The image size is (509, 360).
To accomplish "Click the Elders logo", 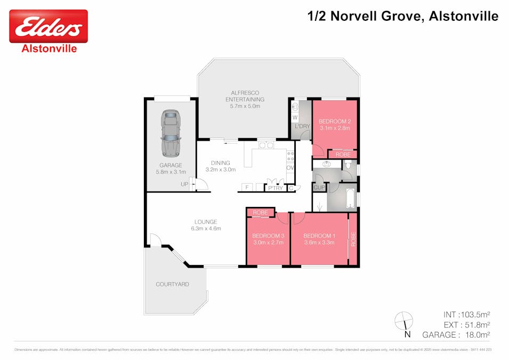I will click(49, 27).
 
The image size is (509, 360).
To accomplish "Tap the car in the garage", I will click(171, 132).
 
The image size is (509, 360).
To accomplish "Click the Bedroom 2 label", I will click(334, 121).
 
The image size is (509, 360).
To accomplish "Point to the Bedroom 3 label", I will click(268, 236).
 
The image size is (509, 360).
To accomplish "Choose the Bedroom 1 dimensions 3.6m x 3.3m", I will click(319, 243).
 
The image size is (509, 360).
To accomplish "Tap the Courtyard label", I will click(172, 284).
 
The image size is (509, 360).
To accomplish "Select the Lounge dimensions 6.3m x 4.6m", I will click(206, 228).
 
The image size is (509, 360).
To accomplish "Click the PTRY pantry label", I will click(276, 188).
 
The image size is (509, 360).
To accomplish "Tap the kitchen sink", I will click(266, 145).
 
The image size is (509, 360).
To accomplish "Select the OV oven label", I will click(290, 167).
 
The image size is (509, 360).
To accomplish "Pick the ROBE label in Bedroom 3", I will click(260, 212).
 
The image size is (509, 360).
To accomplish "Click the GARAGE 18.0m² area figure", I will click(456, 334).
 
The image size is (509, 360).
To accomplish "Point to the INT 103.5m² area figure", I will click(466, 314).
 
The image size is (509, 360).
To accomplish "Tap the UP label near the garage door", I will click(184, 185).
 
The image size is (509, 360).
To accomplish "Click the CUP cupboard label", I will click(319, 188).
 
